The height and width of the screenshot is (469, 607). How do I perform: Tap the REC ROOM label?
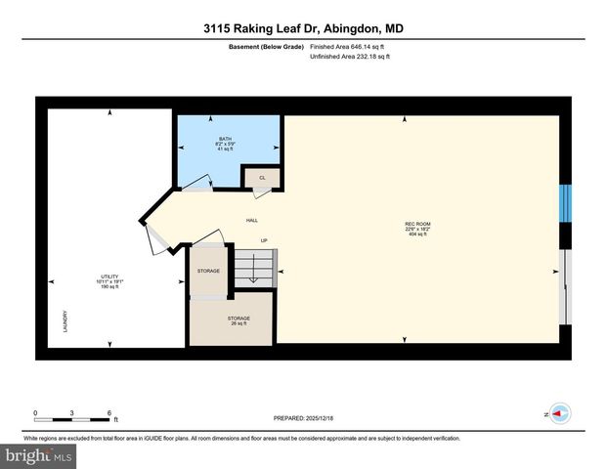[418, 229]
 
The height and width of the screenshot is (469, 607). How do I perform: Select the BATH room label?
[225, 148]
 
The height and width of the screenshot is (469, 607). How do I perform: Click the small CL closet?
[262, 177]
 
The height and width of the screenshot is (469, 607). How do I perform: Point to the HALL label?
[251, 222]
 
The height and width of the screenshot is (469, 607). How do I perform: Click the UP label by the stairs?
[263, 240]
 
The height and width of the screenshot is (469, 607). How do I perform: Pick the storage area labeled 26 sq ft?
[238, 320]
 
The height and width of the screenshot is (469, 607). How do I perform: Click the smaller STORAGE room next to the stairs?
[208, 271]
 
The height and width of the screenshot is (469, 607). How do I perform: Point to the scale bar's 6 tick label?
[108, 412]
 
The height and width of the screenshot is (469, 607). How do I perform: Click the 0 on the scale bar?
[35, 412]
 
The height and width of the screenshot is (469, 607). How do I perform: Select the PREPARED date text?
[303, 417]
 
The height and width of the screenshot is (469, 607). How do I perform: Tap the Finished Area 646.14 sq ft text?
[349, 47]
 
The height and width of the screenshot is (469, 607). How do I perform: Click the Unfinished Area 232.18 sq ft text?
[349, 58]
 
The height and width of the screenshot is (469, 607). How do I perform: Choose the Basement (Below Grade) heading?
[266, 47]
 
